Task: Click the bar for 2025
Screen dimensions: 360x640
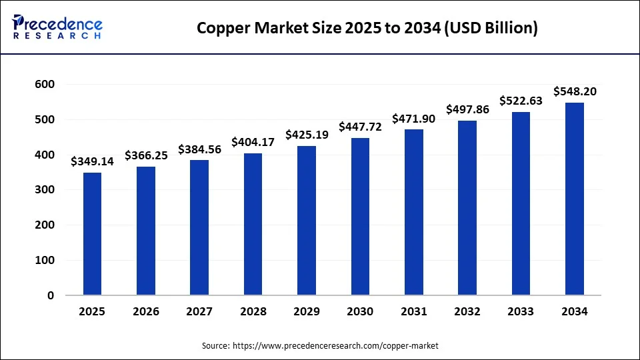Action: pyautogui.click(x=92, y=233)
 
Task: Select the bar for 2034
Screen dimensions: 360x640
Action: pyautogui.click(x=574, y=199)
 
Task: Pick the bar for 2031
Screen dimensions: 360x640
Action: pyautogui.click(x=413, y=212)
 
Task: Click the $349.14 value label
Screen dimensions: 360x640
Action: pyautogui.click(x=92, y=161)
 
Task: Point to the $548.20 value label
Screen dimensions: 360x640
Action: pyautogui.click(x=575, y=91)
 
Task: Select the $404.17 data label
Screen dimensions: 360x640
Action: pyautogui.click(x=253, y=142)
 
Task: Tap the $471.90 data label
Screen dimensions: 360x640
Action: pyautogui.click(x=413, y=118)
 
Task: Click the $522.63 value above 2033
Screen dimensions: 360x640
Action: pyautogui.click(x=521, y=101)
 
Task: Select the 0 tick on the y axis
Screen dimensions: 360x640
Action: pyautogui.click(x=50, y=295)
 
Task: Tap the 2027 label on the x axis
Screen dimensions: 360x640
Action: pyautogui.click(x=199, y=311)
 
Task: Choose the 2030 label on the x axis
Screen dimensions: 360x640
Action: pyautogui.click(x=360, y=311)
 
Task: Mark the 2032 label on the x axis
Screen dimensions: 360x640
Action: pyautogui.click(x=467, y=311)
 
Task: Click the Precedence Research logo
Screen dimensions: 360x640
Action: pyautogui.click(x=57, y=27)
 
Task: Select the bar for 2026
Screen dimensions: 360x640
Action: pyautogui.click(x=146, y=231)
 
